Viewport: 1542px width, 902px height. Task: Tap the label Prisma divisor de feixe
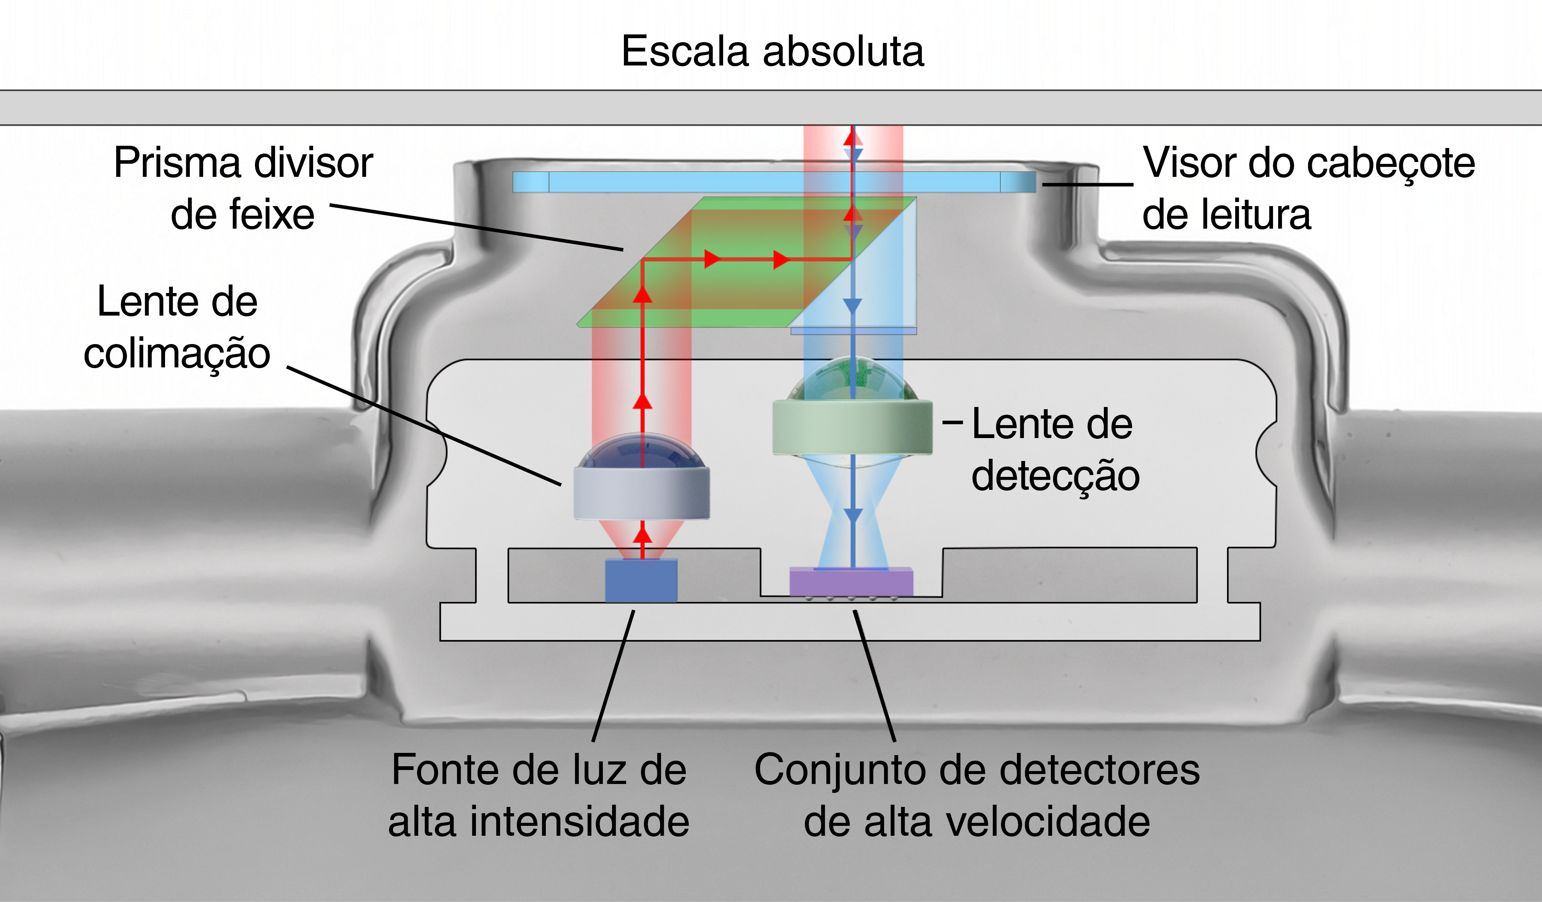(x=243, y=188)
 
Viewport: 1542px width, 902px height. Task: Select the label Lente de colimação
(x=177, y=327)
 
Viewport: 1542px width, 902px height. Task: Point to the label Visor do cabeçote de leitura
(x=1308, y=188)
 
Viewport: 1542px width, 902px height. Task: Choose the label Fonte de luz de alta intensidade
(x=538, y=795)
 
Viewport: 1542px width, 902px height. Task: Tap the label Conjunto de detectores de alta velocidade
(x=977, y=795)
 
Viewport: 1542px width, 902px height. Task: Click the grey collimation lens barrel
(x=641, y=492)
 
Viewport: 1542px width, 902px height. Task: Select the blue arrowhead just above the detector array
(x=852, y=515)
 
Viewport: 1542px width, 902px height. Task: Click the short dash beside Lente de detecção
(x=953, y=422)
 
